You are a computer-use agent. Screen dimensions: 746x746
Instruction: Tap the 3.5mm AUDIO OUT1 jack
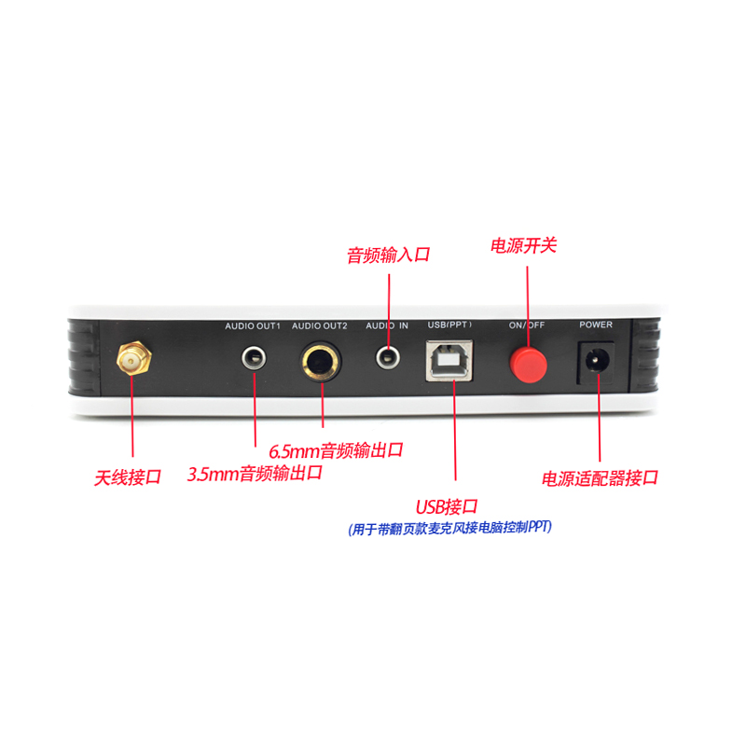pyautogui.click(x=254, y=356)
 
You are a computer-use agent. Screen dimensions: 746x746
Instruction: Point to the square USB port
pyautogui.click(x=451, y=359)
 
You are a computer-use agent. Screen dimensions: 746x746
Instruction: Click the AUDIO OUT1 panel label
pyautogui.click(x=253, y=325)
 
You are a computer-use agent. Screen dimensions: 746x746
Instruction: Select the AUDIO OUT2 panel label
pyautogui.click(x=320, y=325)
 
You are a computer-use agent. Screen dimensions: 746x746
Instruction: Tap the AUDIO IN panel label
pyautogui.click(x=387, y=325)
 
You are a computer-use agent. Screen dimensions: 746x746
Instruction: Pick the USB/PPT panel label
pyautogui.click(x=449, y=325)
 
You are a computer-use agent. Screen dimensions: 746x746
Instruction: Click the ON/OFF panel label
pyautogui.click(x=527, y=325)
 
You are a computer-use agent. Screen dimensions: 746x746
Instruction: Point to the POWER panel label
pyautogui.click(x=596, y=325)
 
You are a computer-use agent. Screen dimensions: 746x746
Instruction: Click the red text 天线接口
pyautogui.click(x=128, y=477)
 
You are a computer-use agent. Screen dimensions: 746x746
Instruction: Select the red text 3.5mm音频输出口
pyautogui.click(x=255, y=473)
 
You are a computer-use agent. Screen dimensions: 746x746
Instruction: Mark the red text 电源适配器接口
pyautogui.click(x=601, y=477)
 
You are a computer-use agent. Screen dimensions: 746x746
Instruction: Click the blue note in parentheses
pyautogui.click(x=449, y=528)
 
